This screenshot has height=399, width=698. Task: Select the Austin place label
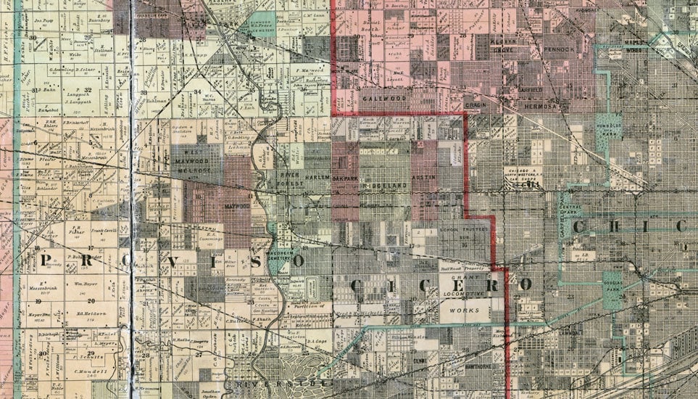(x=423, y=176)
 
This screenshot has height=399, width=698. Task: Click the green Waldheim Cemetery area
(x=283, y=255)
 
